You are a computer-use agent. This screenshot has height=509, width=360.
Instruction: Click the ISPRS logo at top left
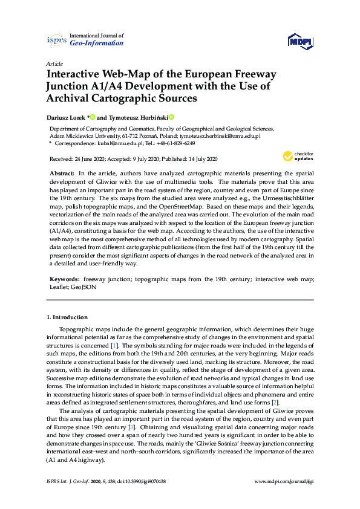tap(56, 41)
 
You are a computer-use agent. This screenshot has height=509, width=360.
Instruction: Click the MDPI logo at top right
tap(301, 42)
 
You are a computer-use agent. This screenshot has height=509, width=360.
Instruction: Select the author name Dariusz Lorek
tap(67, 117)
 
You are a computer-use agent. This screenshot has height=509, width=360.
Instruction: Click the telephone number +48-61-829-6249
tap(173, 144)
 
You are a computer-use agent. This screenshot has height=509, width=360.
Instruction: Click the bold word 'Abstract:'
tap(62, 173)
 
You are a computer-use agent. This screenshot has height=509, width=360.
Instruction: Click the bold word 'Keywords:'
tap(64, 279)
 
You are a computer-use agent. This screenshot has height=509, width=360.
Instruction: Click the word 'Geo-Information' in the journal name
tap(97, 44)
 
